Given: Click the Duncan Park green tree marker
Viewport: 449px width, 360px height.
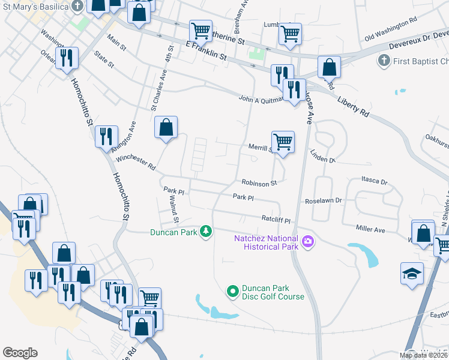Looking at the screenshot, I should tap(206, 231).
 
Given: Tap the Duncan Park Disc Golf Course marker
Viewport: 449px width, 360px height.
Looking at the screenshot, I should tap(233, 292).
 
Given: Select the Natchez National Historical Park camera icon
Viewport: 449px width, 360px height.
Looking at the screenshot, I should tap(308, 241).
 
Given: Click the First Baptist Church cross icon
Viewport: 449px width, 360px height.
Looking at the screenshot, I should tap(383, 61).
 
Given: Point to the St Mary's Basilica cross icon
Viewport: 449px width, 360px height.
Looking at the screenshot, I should tap(77, 6).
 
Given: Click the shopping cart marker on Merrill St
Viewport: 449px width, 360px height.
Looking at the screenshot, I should tap(283, 142).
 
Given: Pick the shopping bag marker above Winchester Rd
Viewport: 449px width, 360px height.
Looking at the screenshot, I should tap(166, 127).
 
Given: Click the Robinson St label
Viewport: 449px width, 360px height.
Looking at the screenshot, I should tap(259, 183).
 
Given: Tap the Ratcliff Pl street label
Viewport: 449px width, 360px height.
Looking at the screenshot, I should tap(276, 220).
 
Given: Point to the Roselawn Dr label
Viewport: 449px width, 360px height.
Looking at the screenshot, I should tap(322, 201).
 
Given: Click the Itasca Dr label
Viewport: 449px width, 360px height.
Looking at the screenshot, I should tap(375, 180).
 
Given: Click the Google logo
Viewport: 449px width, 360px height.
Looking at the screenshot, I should tap(20, 353).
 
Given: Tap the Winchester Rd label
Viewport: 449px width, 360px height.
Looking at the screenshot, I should tap(136, 162).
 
